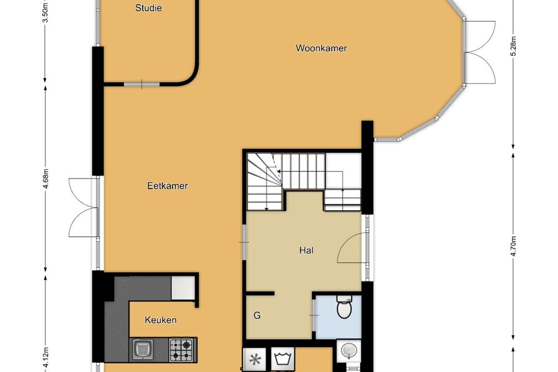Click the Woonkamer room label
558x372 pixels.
tap(321, 48)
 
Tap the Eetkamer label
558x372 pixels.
tap(167, 186)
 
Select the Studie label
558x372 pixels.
tap(148, 8)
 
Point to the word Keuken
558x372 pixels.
tap(161, 320)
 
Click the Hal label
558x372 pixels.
tap(306, 250)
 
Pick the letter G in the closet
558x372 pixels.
tap(257, 316)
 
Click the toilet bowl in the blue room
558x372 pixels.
tap(344, 308)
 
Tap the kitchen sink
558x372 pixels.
tap(143, 350)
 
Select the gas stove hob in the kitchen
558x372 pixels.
tap(181, 350)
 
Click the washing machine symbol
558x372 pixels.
tap(283, 359)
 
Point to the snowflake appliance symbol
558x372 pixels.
tap(255, 360)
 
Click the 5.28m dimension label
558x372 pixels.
tap(513, 46)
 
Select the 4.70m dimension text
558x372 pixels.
tap(513, 246)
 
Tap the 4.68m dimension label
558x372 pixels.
tap(45, 179)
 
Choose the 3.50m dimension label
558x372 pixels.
tap(45, 13)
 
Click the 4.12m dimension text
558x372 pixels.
tap(45, 361)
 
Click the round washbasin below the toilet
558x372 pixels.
tap(348, 350)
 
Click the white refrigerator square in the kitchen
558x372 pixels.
tap(183, 288)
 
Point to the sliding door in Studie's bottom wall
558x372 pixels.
tap(141, 84)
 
